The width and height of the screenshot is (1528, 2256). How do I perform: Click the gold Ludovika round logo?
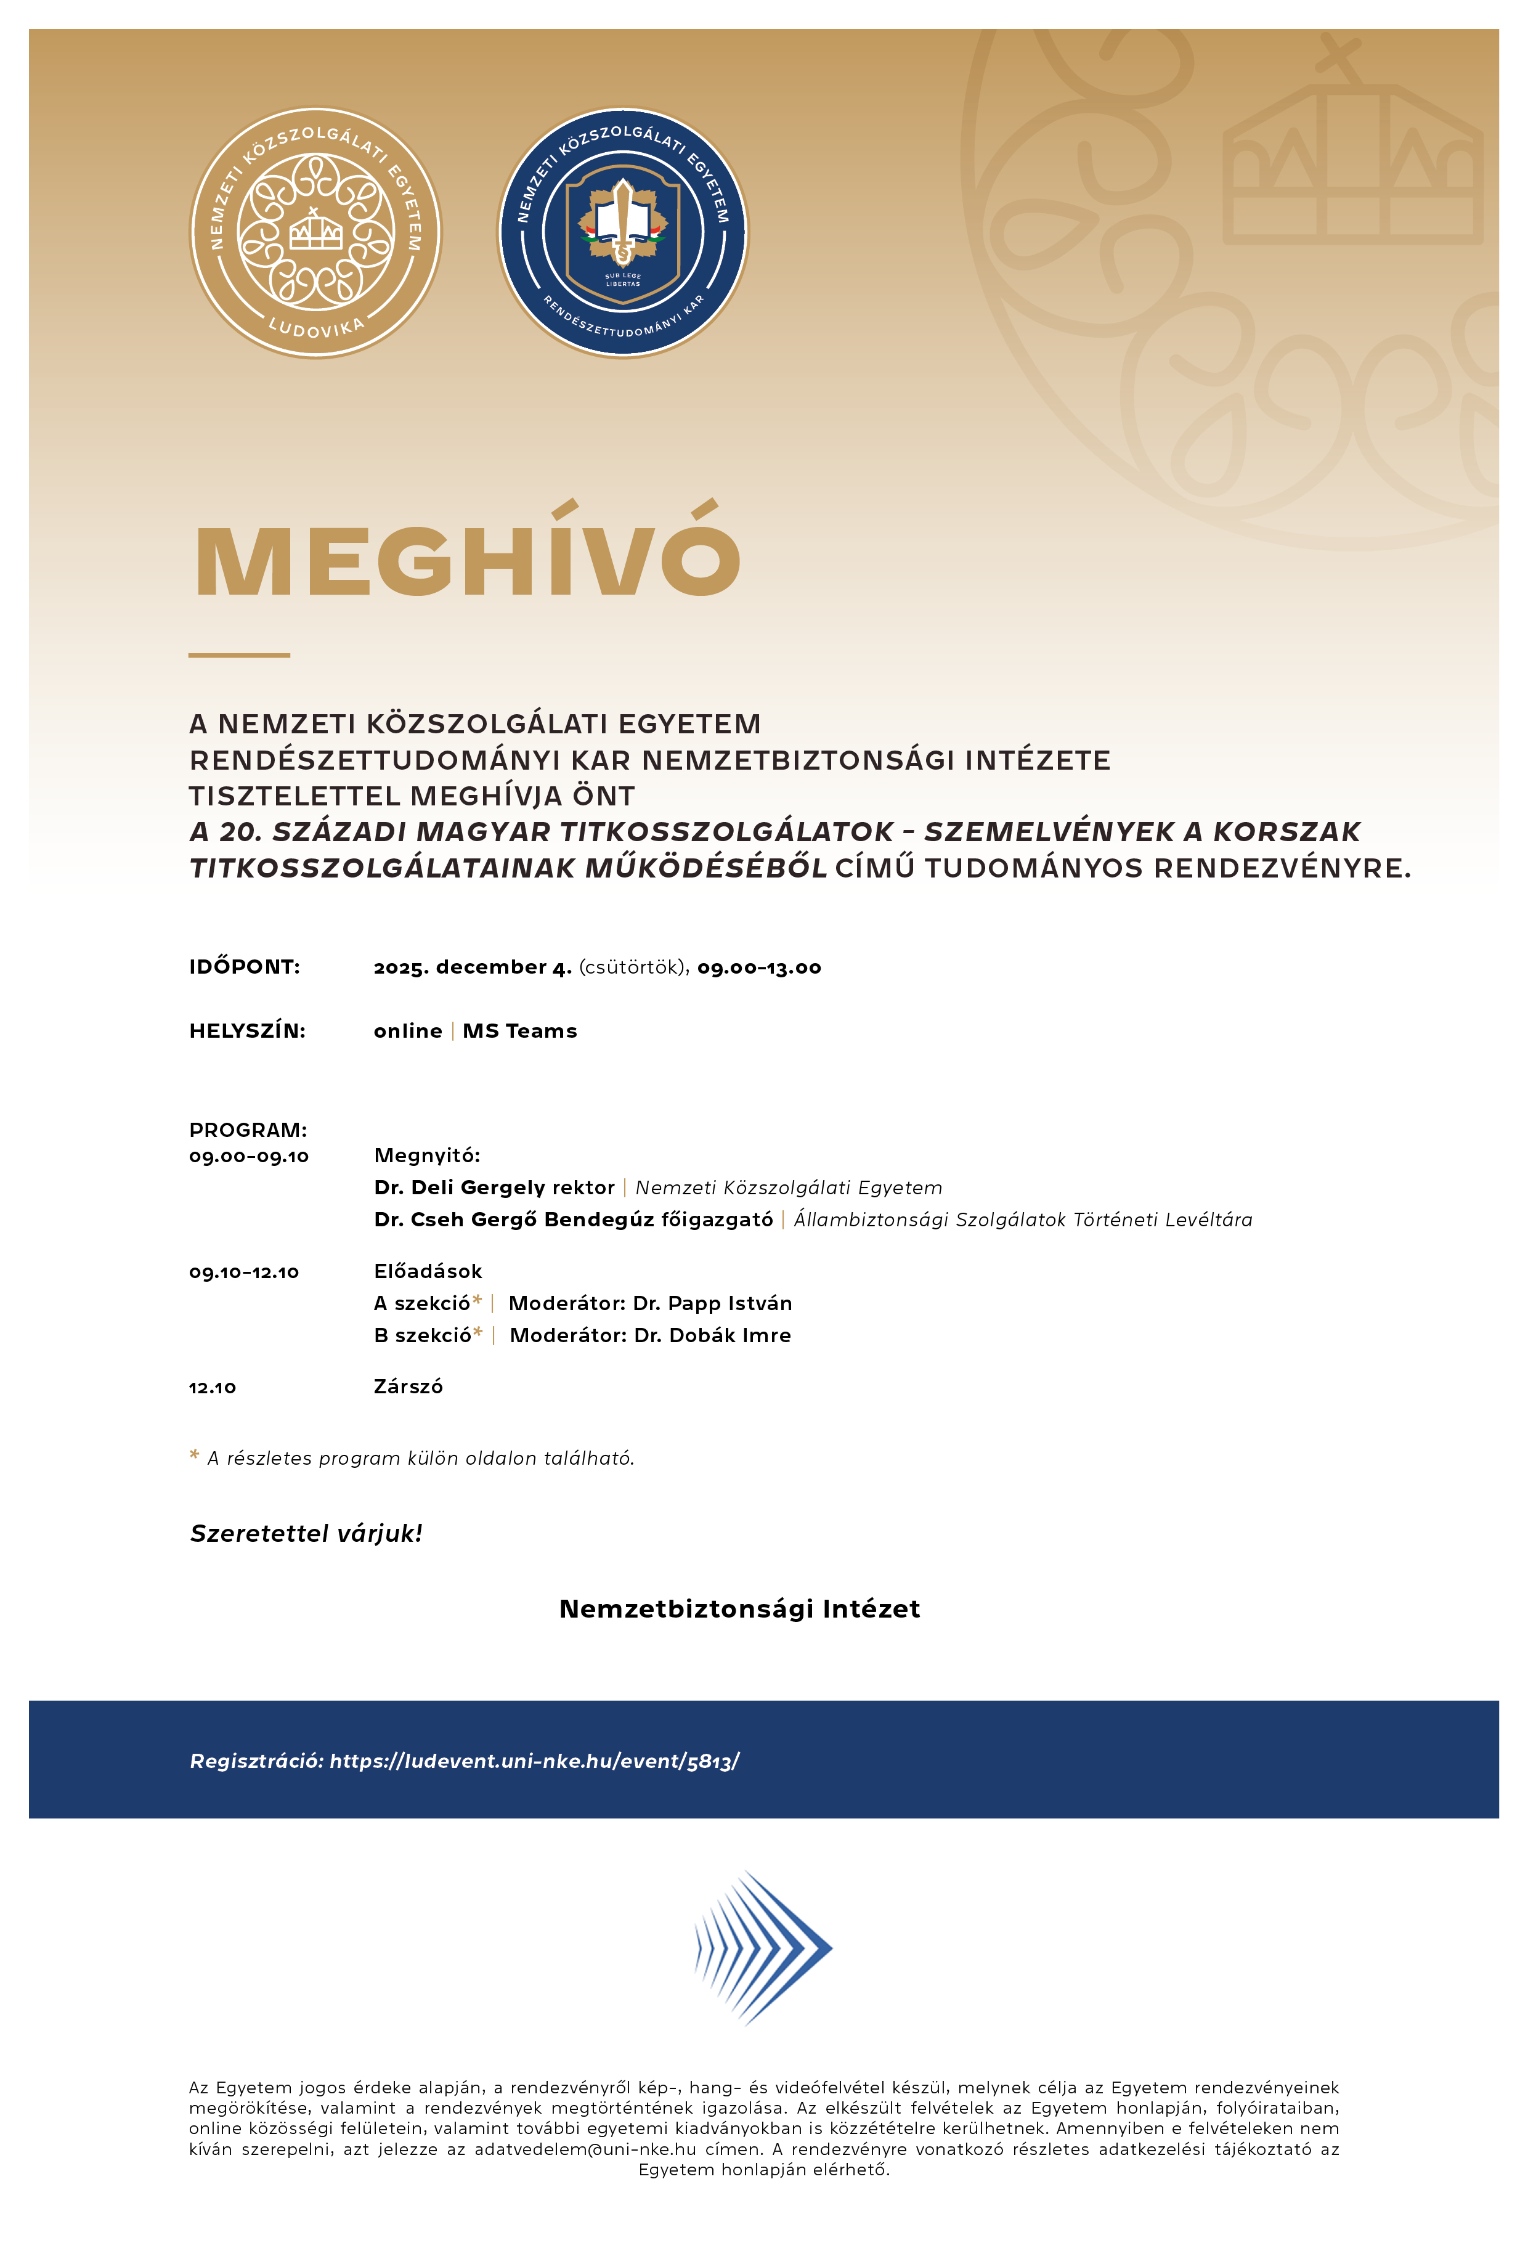coord(314,233)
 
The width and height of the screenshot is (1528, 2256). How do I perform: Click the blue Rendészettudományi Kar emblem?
coord(624,233)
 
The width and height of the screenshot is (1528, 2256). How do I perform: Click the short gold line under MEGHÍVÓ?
coord(239,655)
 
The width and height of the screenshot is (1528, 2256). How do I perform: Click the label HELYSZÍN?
coord(246,1031)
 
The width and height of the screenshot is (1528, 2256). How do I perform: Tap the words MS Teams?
coord(519,1031)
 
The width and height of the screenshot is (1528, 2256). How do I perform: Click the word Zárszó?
coord(408,1387)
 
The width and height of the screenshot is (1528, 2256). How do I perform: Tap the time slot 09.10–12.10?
coord(243,1272)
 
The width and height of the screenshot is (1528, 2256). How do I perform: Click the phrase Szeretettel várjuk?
coord(306,1533)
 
